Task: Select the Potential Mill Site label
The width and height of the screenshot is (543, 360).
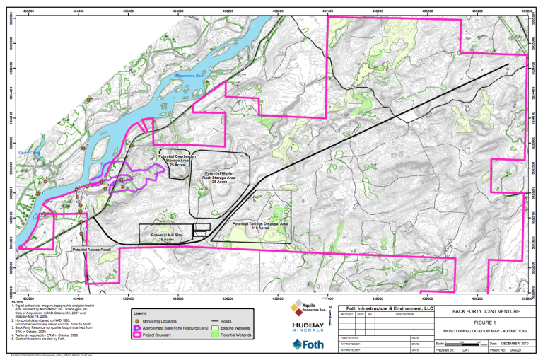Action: click(167, 236)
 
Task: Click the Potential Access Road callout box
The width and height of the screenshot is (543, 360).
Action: click(92, 250)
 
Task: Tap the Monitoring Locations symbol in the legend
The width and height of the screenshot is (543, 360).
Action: click(139, 322)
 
